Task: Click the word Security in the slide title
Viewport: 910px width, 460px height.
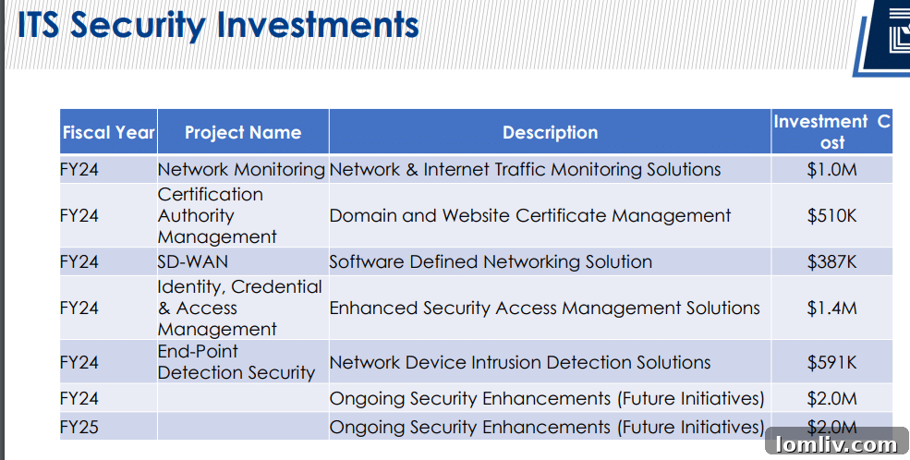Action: coord(138,26)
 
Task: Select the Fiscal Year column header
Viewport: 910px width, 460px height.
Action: coord(108,132)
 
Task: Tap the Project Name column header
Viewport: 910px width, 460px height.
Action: coord(243,132)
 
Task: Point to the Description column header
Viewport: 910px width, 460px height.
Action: coord(551,132)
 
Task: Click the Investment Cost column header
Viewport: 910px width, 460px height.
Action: coord(832,132)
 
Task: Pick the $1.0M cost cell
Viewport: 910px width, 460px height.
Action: coord(831,170)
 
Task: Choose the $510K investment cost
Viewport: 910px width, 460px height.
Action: coord(831,216)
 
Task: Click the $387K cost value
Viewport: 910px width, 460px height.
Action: coord(831,261)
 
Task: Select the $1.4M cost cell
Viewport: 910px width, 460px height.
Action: coord(831,308)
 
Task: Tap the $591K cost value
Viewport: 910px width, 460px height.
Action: coord(831,362)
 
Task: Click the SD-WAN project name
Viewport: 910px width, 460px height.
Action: coord(193,261)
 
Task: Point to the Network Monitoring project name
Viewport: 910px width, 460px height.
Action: coord(241,169)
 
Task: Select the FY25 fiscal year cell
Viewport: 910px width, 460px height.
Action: coord(79,428)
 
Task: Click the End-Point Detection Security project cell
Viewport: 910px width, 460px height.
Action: coord(237,362)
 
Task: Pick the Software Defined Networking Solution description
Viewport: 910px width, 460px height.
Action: coord(491,261)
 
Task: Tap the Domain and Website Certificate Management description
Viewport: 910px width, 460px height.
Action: coord(530,216)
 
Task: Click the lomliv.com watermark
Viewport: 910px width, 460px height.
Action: coord(836,445)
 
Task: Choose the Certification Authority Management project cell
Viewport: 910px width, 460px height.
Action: coord(217,216)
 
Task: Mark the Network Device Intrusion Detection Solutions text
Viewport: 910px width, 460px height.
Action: coord(520,362)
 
